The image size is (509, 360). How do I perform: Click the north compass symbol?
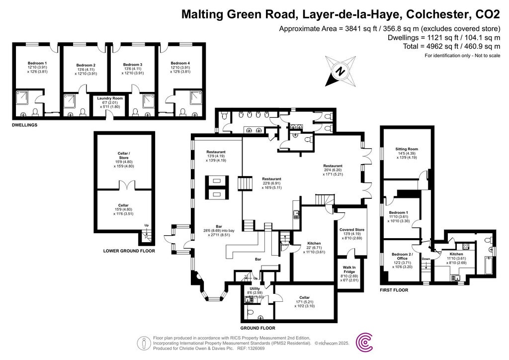pyautogui.click(x=341, y=71)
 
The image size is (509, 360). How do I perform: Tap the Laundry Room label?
pyautogui.click(x=110, y=98)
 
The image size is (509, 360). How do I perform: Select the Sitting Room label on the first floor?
pyautogui.click(x=406, y=149)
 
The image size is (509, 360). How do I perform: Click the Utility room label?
pyautogui.click(x=253, y=288)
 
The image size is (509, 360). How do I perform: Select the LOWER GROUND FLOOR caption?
pyautogui.click(x=129, y=251)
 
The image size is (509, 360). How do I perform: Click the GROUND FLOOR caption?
pyautogui.click(x=257, y=328)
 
